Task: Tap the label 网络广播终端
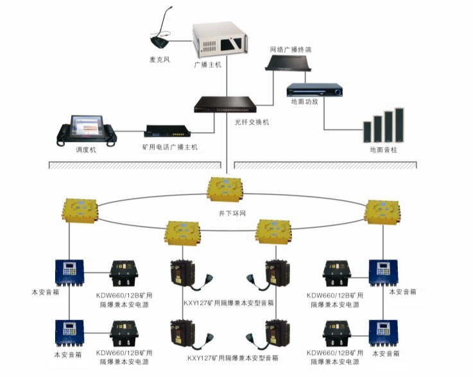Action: (291, 49)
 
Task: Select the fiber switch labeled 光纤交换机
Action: (226, 104)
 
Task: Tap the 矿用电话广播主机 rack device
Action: (168, 131)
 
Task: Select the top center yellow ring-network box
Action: (225, 188)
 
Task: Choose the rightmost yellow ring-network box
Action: (383, 213)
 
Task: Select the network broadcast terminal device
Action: (290, 63)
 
